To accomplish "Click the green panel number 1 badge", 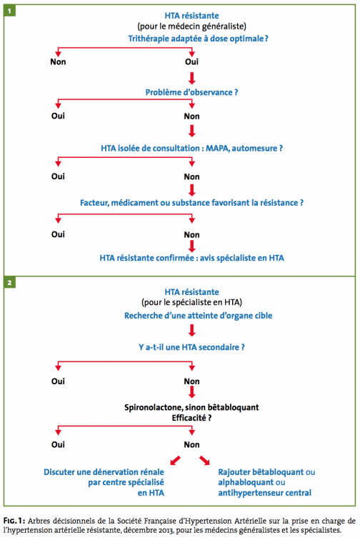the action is point(10,11).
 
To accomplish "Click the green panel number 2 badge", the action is point(10,283).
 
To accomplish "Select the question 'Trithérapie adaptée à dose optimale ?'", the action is point(198,39).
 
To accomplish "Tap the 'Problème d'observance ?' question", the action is point(191,92).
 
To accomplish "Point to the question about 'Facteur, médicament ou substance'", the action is point(192,203).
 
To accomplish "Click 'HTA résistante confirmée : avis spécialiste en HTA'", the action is point(192,258).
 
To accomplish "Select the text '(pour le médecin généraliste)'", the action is point(192,26).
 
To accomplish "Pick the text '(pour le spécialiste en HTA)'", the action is point(192,302).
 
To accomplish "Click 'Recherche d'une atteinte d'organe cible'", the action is point(198,316).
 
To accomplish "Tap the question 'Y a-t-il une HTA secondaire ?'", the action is point(191,347).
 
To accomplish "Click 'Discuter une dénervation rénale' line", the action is point(104,472).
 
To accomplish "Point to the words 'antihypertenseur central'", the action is point(264,493).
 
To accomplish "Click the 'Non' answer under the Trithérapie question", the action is point(58,61).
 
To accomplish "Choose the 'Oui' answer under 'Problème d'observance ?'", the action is point(58,116).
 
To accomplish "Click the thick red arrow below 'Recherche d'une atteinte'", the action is point(192,330).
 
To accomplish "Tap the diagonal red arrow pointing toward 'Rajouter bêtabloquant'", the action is point(204,461).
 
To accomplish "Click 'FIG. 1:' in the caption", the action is point(14,521).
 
